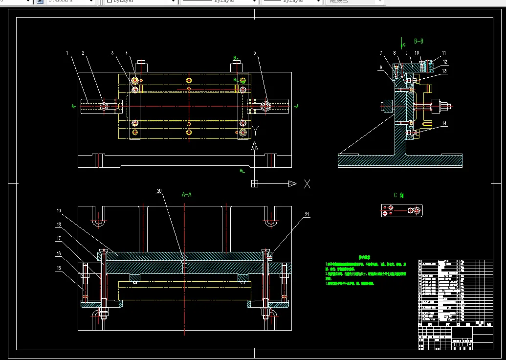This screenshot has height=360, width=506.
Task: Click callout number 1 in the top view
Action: (x=67, y=53)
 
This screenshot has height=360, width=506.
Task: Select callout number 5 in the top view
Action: (x=254, y=53)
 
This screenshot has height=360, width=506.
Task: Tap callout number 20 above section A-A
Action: (x=158, y=191)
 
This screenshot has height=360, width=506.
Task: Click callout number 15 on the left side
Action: (x=59, y=268)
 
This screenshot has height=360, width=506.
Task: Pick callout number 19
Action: (x=59, y=211)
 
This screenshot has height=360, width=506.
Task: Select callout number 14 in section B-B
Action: (x=444, y=124)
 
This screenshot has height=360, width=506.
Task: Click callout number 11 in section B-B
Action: (x=444, y=53)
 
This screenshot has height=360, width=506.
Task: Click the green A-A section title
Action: (x=186, y=195)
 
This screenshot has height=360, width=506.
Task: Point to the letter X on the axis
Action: (x=307, y=184)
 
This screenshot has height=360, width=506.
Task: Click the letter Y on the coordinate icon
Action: (x=255, y=131)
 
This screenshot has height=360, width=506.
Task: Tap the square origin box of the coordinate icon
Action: (x=254, y=184)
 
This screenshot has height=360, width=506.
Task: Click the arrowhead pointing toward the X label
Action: (x=292, y=184)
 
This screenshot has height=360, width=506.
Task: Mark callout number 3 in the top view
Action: (x=112, y=53)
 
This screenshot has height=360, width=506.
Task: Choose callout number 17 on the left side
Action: (x=59, y=239)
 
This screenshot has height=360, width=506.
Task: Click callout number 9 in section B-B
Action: (x=406, y=53)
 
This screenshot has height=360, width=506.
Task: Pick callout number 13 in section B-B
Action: (x=444, y=71)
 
